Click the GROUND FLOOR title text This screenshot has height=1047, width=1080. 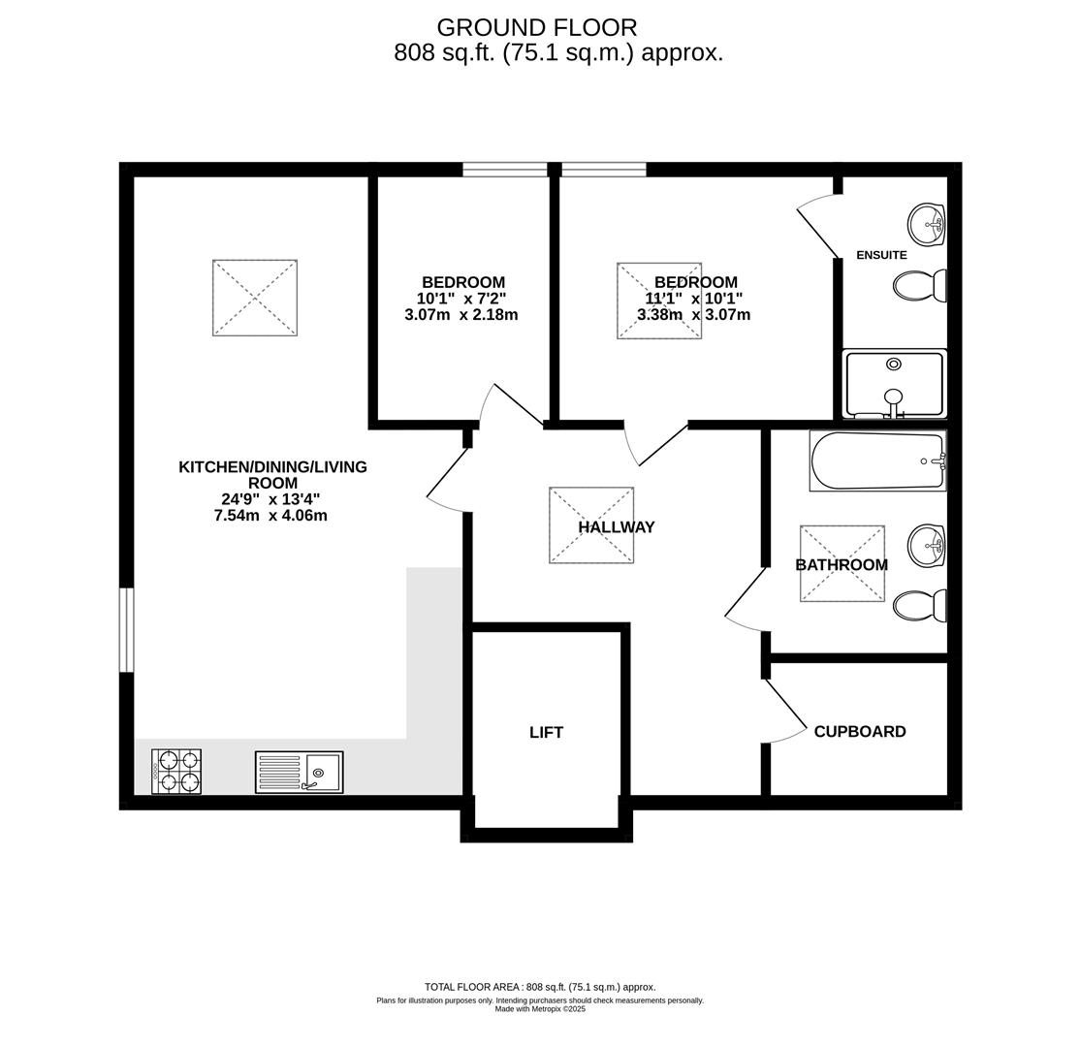coord(536,28)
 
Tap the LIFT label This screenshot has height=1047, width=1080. coord(546,733)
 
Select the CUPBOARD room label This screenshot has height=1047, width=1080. coord(859,732)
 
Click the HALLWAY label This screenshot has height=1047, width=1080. coord(617,527)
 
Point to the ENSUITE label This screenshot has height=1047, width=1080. coord(881,255)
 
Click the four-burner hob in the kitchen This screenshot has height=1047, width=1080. coord(176,772)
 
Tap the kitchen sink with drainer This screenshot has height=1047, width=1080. coord(299,773)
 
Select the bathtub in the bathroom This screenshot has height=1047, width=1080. coord(877,460)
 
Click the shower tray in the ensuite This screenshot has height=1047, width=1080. coord(894,384)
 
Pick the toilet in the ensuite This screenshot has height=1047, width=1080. coord(918,286)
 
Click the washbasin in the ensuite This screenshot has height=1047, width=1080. coord(926,225)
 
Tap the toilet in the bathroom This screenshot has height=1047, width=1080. coord(918,606)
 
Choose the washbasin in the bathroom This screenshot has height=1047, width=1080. coord(926,546)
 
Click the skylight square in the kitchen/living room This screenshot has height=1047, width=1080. coord(255,298)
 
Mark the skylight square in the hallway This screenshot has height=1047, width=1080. coord(591,524)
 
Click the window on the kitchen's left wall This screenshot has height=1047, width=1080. coord(126,630)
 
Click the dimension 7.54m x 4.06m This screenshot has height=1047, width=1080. coord(270,516)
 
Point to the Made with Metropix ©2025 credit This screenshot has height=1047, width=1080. coord(540,1009)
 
